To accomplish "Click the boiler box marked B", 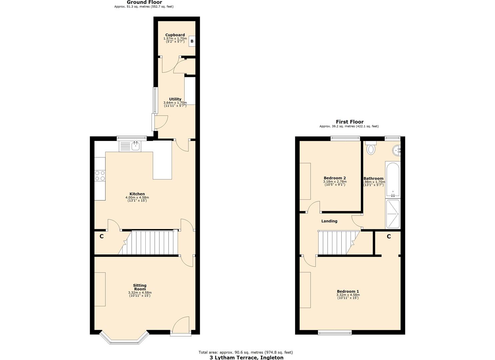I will click(x=192, y=41).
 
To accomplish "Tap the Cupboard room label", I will click(x=175, y=35).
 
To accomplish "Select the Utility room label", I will click(x=175, y=99).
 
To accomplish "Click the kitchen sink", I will click(x=135, y=146).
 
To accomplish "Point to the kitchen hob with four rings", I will click(x=100, y=175).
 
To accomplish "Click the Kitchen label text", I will click(x=137, y=194).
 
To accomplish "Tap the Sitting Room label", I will click(x=140, y=287).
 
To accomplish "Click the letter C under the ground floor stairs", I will click(x=101, y=236).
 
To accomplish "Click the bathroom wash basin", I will click(x=397, y=151).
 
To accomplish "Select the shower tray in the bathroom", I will click(x=393, y=214).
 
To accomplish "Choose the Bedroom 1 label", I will click(x=348, y=291).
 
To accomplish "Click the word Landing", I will click(x=329, y=221).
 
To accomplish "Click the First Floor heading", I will click(x=349, y=122).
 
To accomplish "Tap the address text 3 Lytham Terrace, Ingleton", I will click(x=246, y=358).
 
